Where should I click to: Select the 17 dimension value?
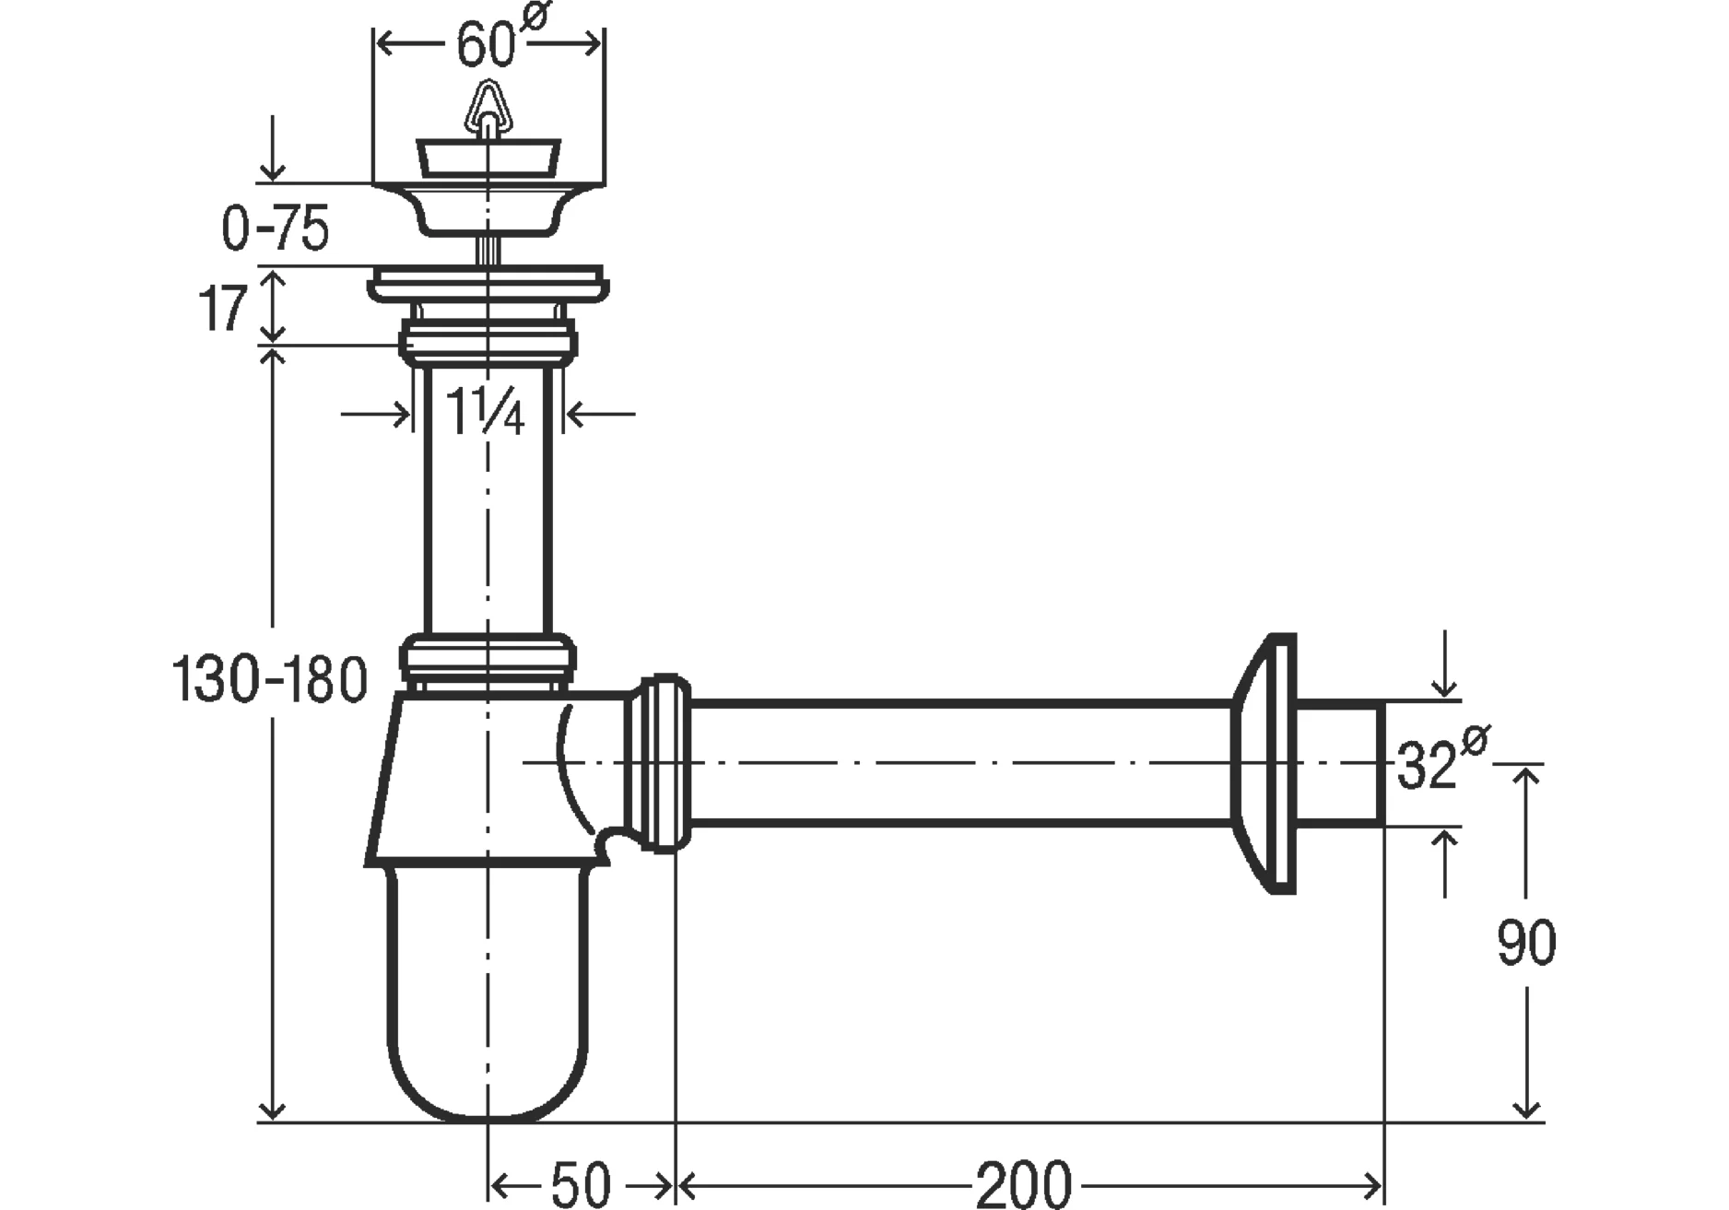pyautogui.click(x=223, y=308)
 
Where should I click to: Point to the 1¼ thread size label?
pyautogui.click(x=486, y=411)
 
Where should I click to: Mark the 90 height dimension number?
pyautogui.click(x=1526, y=943)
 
